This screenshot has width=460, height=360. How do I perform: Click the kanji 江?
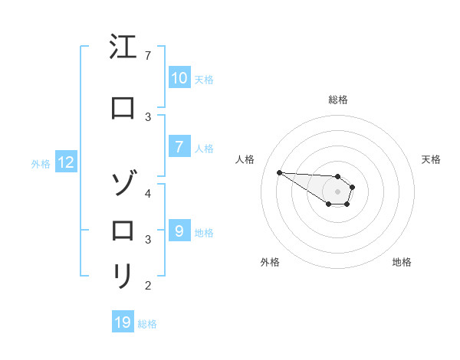point(123,47)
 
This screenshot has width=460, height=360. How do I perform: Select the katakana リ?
point(123,276)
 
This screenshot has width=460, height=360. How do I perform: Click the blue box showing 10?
point(179,78)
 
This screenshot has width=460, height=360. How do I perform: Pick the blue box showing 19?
point(123,322)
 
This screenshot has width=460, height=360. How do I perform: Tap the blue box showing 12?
point(66,162)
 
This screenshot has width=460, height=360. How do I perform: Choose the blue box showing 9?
point(179,231)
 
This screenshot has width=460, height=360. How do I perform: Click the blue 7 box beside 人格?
point(179,147)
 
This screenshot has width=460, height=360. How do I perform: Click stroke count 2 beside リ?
point(148,286)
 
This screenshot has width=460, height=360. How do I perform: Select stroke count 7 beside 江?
point(148,56)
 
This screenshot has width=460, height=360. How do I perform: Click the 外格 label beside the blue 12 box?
point(41,163)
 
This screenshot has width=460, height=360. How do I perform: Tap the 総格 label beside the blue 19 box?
point(147,324)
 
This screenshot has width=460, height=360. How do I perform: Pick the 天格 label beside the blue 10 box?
point(204,79)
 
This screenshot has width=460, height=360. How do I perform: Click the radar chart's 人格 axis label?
point(245,159)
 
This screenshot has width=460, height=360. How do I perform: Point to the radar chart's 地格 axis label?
point(402,262)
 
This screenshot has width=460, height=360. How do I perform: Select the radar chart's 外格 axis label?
point(270,262)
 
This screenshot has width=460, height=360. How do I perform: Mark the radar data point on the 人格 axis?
point(279,172)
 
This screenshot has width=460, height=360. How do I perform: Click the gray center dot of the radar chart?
point(337,191)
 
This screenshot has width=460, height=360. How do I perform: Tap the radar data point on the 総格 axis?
point(337,177)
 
